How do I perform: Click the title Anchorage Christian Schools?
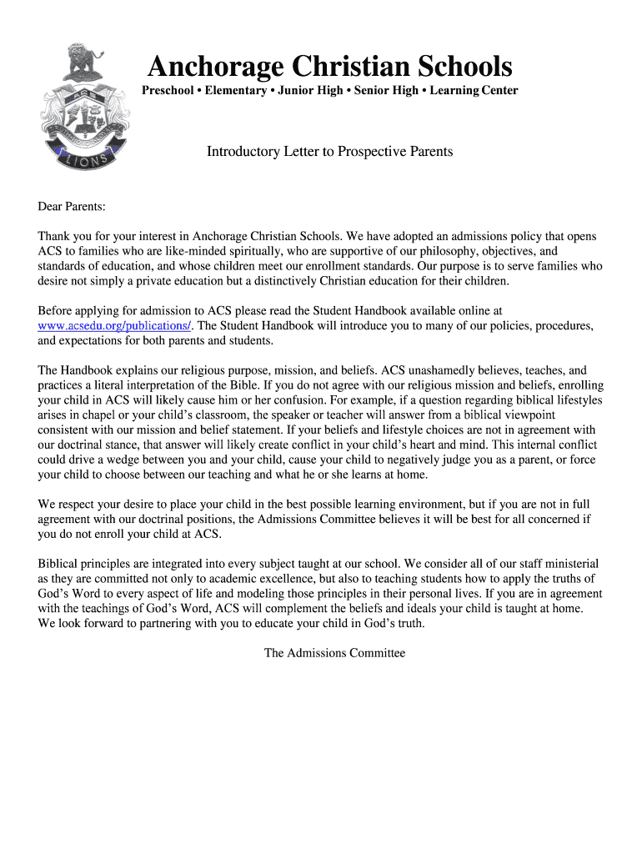click(x=329, y=66)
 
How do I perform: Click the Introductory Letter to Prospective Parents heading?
click(x=329, y=152)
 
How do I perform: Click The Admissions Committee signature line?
click(x=334, y=653)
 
